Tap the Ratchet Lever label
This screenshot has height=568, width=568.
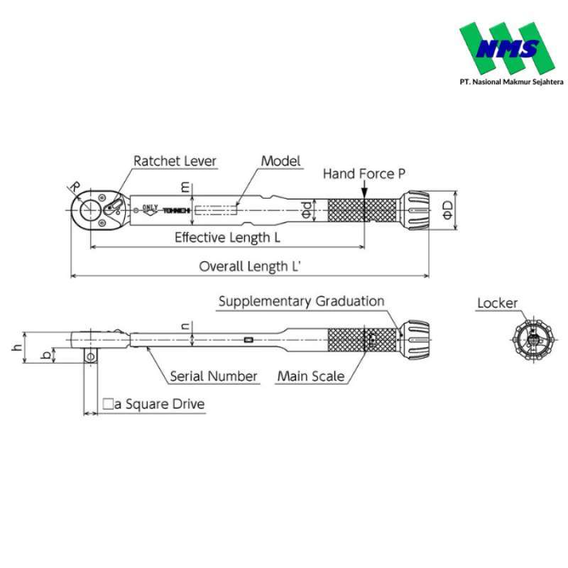point(175,161)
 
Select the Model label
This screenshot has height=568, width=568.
point(281,161)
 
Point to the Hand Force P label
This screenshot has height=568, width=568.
point(364,173)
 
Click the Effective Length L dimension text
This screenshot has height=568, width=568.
point(227,237)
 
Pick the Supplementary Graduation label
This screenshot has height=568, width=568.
point(301,301)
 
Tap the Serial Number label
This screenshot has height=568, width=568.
point(213,376)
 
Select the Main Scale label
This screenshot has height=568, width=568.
point(311,376)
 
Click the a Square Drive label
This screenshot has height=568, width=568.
point(154,404)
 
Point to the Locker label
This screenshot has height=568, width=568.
point(497,304)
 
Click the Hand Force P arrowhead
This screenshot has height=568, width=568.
point(364,194)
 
